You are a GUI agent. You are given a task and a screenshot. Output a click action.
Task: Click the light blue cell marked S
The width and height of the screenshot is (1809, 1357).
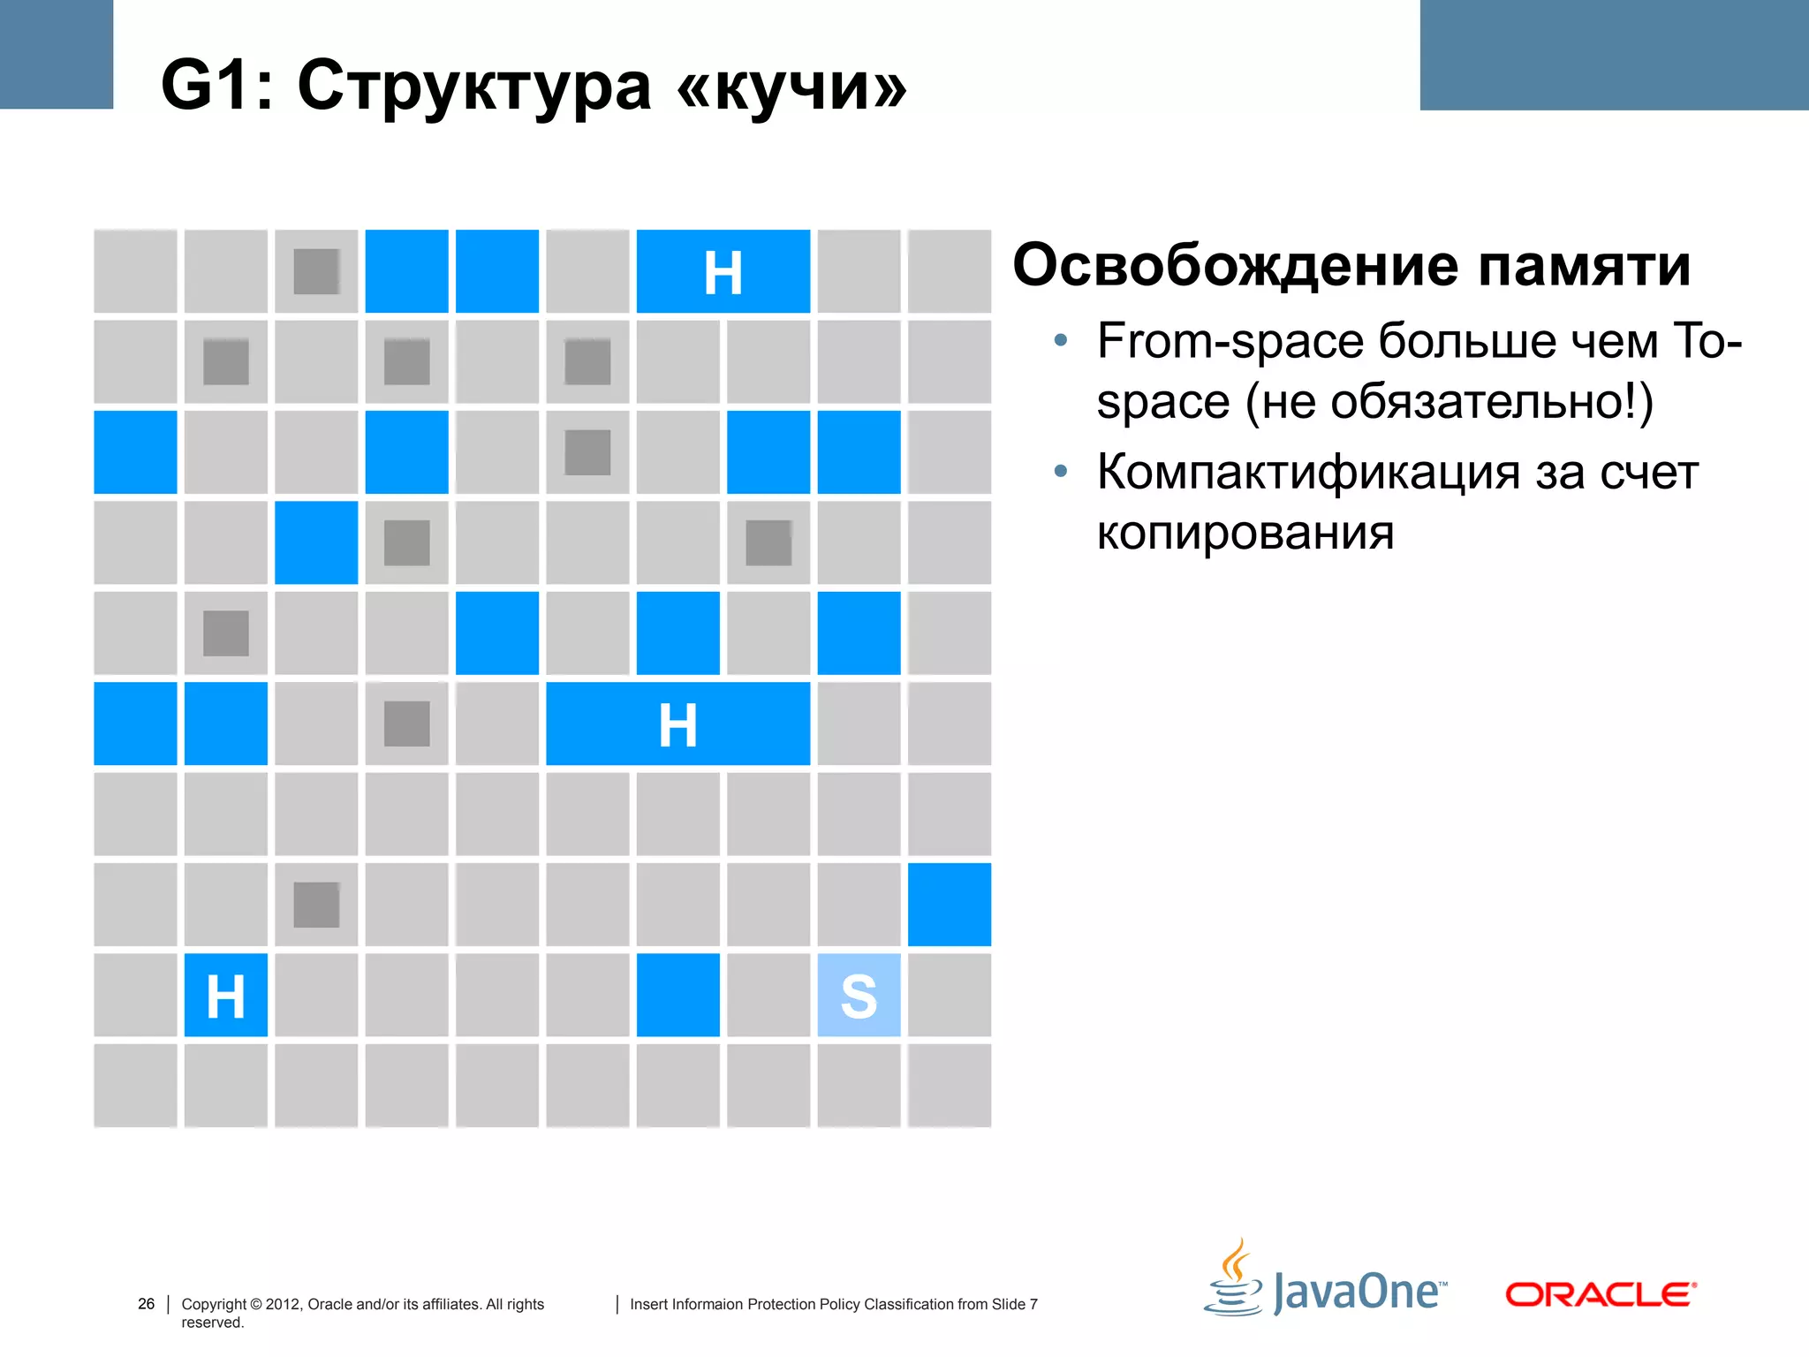[x=859, y=996]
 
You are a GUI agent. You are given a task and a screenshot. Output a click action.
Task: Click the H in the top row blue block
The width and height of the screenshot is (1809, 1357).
[x=723, y=273]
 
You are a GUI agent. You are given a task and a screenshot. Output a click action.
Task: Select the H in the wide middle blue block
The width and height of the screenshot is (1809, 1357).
[x=677, y=725]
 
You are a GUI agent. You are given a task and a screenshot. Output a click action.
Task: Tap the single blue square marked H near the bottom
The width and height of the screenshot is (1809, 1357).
[x=225, y=996]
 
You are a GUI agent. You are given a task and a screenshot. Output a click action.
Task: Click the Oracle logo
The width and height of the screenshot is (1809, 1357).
[x=1601, y=1294]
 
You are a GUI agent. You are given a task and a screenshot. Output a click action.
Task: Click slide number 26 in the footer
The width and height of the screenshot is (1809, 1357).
[x=146, y=1304]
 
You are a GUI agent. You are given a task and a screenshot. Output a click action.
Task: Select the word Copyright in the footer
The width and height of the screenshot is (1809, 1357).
[x=214, y=1304]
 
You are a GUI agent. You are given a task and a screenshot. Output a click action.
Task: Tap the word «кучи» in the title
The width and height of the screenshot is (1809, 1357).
[x=791, y=87]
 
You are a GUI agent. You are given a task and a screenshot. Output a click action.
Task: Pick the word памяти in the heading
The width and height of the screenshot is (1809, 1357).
[x=1585, y=265]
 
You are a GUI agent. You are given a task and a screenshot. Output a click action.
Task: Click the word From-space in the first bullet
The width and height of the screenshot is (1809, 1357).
[x=1230, y=341]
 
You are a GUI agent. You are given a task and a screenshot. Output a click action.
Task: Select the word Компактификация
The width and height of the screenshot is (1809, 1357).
[x=1308, y=472]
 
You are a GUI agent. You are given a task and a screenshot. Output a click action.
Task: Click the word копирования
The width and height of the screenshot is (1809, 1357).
[x=1245, y=533]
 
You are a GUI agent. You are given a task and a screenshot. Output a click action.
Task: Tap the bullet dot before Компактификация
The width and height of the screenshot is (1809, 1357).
[x=1061, y=472]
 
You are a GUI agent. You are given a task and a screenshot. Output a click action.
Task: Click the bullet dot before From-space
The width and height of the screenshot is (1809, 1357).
[x=1061, y=340]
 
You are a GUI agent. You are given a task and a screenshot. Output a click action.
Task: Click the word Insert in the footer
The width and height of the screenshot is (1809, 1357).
[x=648, y=1304]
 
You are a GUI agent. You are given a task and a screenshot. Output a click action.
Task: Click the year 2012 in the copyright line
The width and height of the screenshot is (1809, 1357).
[x=283, y=1304]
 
